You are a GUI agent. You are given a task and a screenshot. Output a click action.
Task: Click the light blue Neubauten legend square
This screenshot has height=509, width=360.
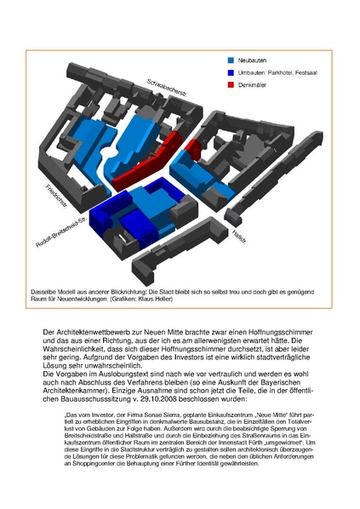pos(232,60)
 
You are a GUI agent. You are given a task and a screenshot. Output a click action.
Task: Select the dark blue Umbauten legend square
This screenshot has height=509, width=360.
pos(232,73)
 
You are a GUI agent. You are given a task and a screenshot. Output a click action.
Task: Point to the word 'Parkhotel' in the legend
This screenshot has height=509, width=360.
pos(287,73)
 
